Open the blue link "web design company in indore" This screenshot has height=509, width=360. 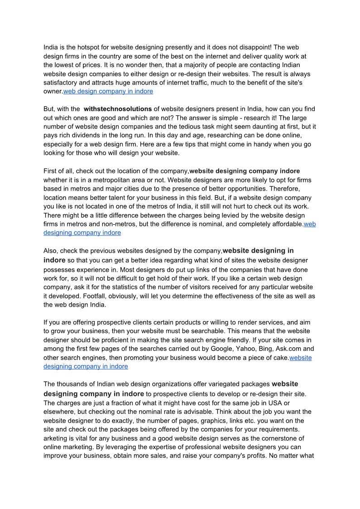(x=108, y=91)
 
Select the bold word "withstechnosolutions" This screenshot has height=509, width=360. (x=118, y=109)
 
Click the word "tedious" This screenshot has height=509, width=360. (x=182, y=127)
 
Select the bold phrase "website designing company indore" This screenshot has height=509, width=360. (x=245, y=171)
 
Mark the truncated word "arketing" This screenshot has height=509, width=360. (x=56, y=438)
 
